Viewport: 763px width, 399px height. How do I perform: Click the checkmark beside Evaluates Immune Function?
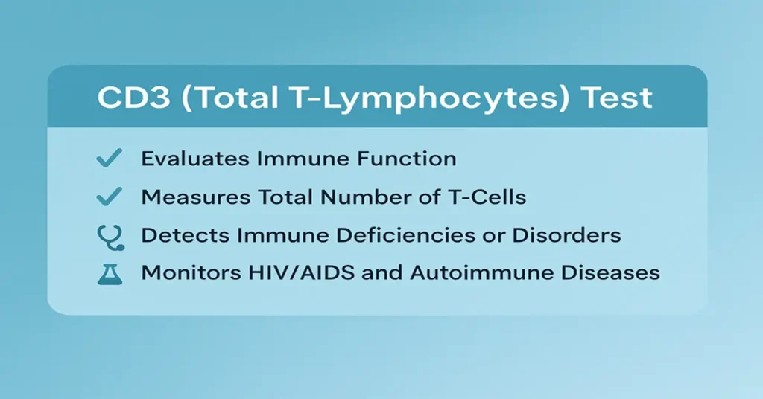[110, 158]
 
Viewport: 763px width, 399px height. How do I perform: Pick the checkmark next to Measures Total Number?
[110, 197]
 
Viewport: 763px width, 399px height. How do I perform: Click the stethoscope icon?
[110, 236]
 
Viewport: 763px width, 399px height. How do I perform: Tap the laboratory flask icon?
[110, 272]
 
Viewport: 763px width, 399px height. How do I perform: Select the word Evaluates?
[189, 158]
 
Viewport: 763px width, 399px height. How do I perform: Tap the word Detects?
[183, 235]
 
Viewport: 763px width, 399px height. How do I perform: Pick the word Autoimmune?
[469, 272]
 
